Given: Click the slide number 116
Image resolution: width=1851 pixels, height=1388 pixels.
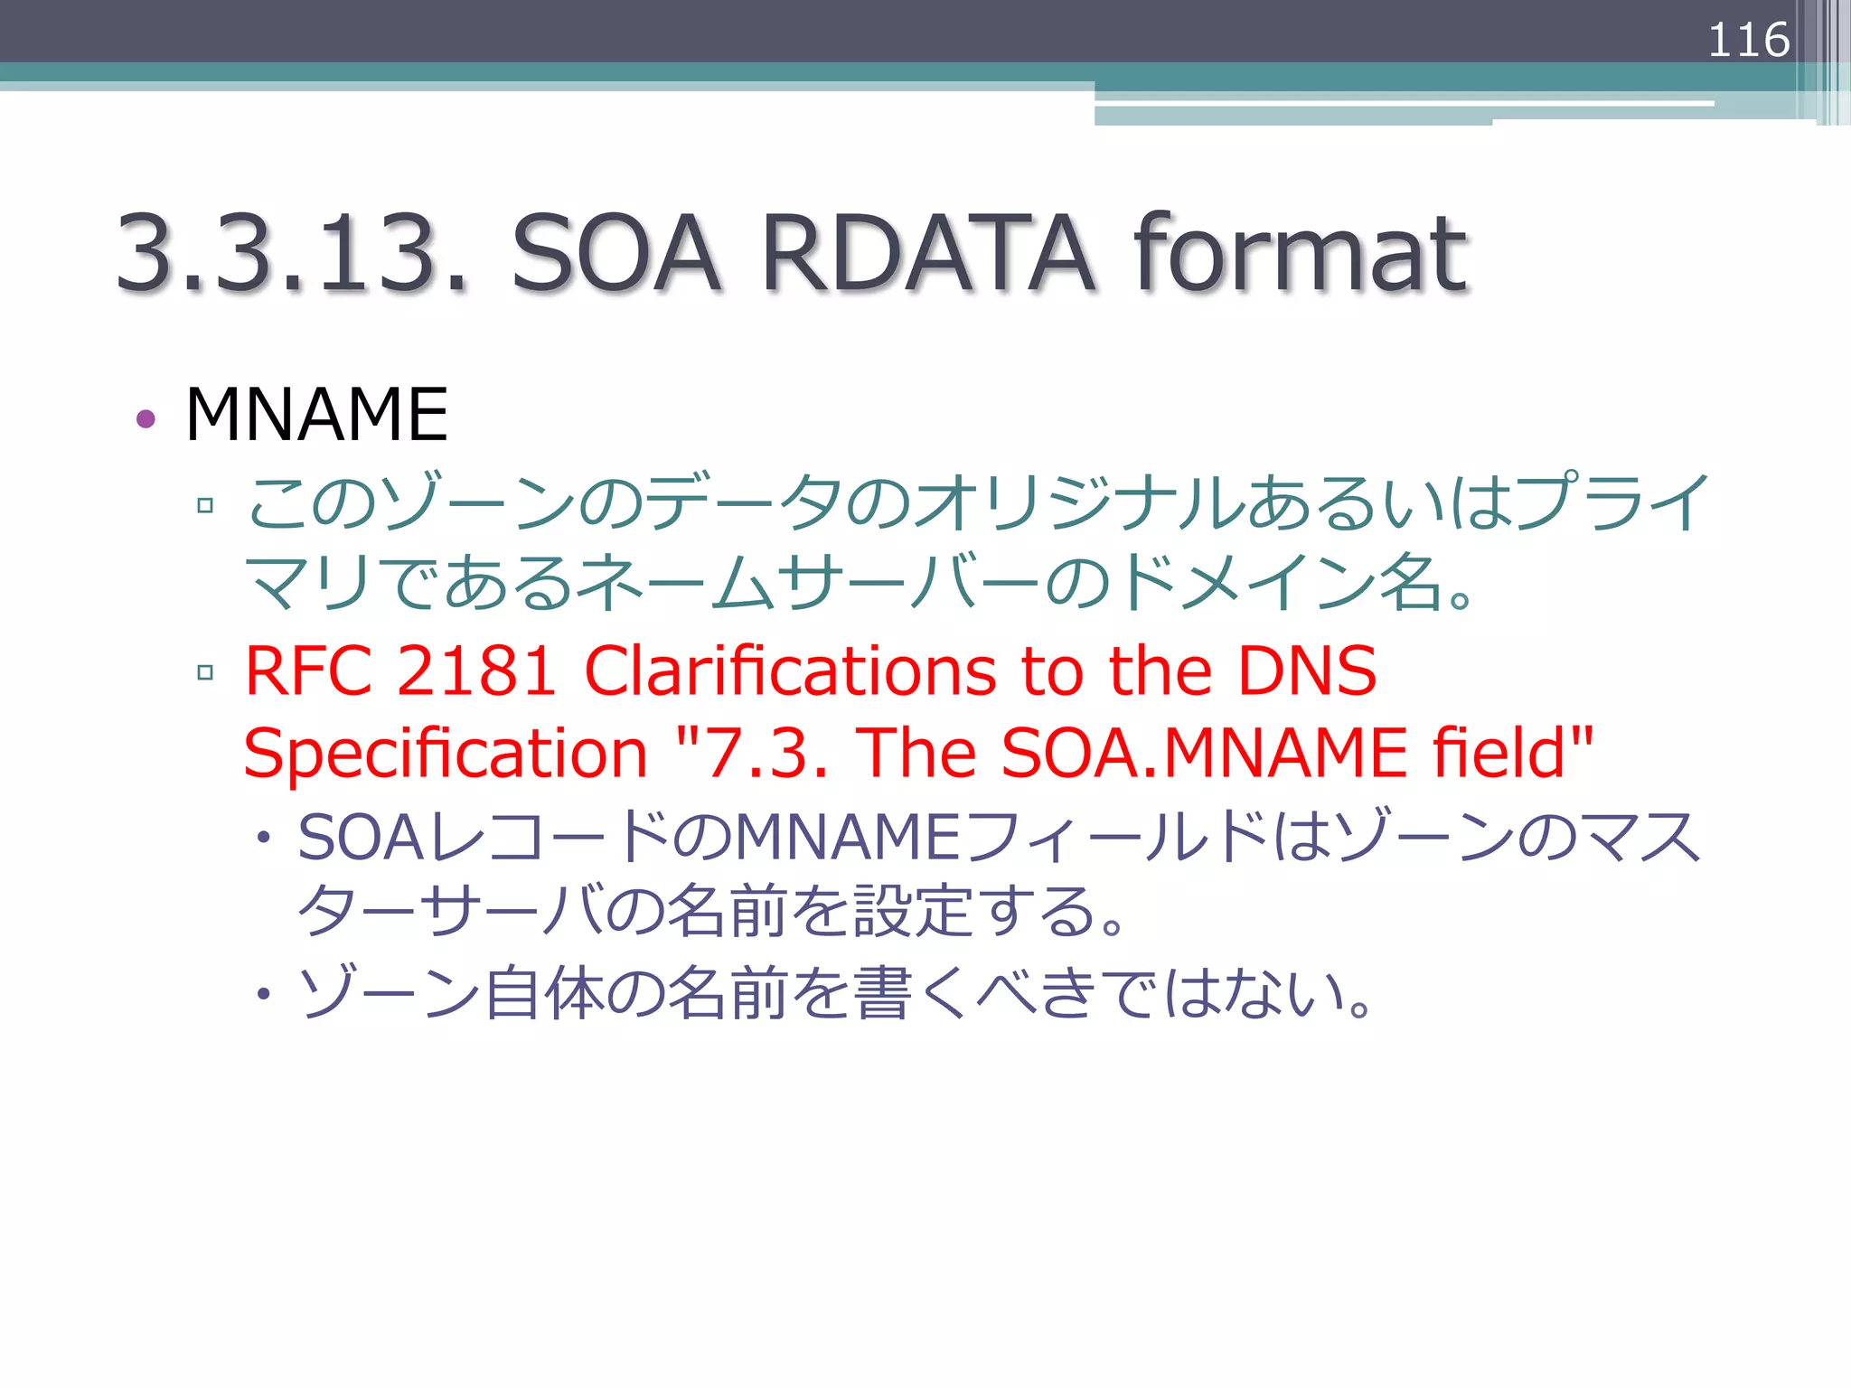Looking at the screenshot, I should pyautogui.click(x=1748, y=40).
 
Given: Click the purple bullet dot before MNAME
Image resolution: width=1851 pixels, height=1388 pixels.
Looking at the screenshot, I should pyautogui.click(x=146, y=418).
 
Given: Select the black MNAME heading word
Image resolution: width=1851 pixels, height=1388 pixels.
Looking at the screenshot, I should pyautogui.click(x=316, y=415).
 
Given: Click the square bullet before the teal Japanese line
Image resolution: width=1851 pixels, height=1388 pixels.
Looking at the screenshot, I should pyautogui.click(x=205, y=504).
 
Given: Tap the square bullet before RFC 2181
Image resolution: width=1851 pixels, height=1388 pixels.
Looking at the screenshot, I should pyautogui.click(x=205, y=671).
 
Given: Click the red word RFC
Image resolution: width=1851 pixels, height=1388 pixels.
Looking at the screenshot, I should pyautogui.click(x=308, y=671).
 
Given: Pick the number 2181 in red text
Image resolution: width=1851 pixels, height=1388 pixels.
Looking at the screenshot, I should pyautogui.click(x=475, y=671).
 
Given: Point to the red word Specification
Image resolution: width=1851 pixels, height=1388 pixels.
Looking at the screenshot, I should pyautogui.click(x=446, y=754).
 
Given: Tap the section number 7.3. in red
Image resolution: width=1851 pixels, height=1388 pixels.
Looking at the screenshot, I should pyautogui.click(x=765, y=754).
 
